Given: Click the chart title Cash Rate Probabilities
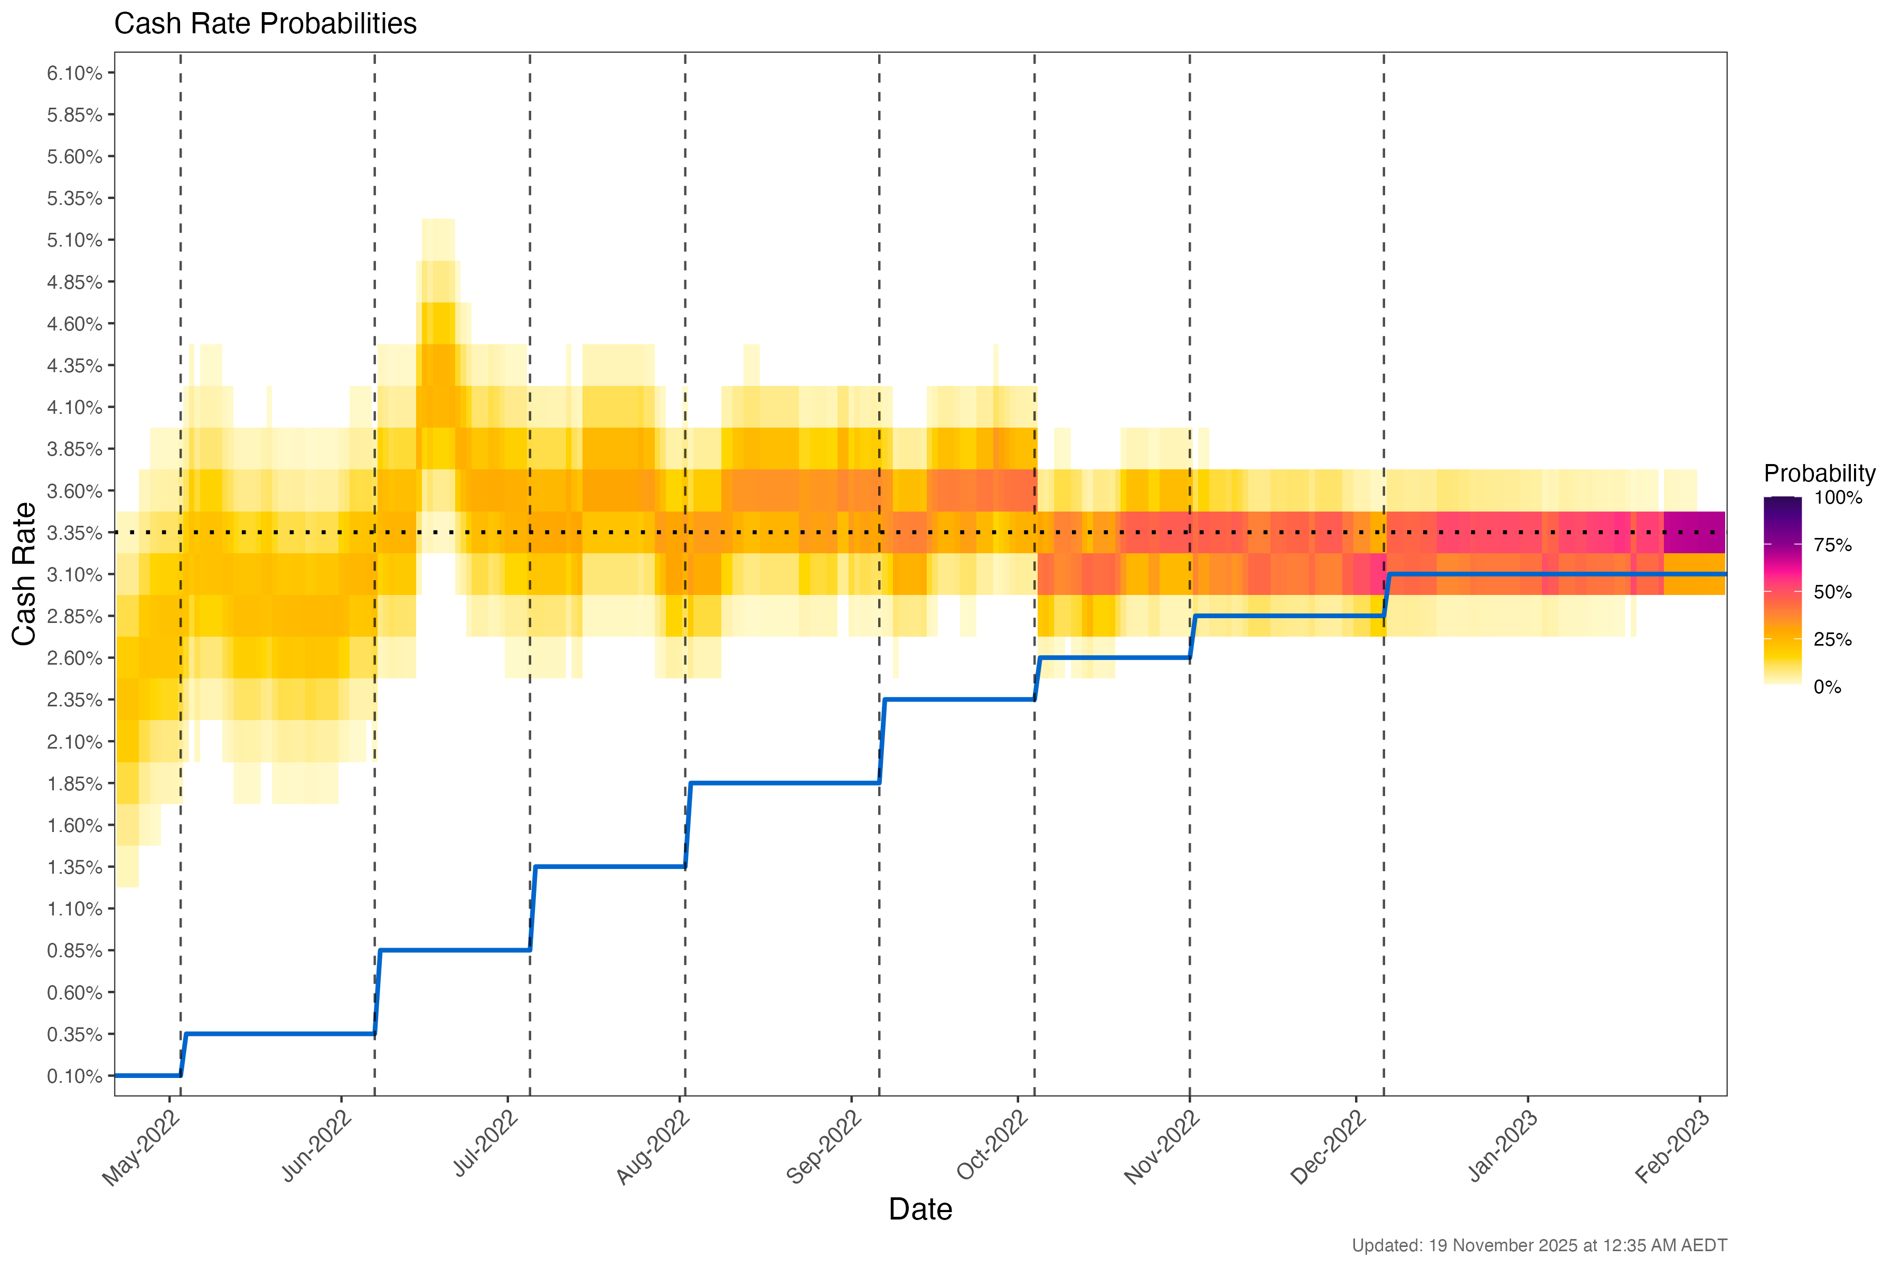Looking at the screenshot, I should (265, 24).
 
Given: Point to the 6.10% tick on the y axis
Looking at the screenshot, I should (74, 73).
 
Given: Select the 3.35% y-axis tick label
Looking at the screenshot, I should (74, 533).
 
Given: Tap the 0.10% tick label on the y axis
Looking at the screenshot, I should (74, 1076).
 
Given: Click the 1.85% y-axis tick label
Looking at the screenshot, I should (74, 784).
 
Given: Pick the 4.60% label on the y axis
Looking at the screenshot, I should (74, 324).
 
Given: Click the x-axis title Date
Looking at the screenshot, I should (920, 1209).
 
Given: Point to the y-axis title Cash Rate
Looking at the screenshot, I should (24, 574).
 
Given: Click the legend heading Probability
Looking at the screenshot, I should (1819, 474).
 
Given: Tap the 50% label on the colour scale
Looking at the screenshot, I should (1832, 592).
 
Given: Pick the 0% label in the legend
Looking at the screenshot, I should (1827, 687).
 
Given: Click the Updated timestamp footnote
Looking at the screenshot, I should (1539, 1245).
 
